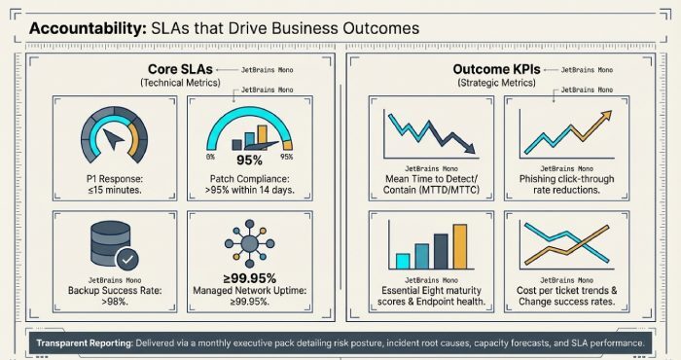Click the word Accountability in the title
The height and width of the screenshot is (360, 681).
(x=86, y=28)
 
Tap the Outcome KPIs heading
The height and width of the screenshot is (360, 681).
(x=498, y=70)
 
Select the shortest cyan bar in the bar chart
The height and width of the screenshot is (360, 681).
(x=402, y=260)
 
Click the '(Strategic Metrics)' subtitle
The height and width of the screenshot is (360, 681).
(x=498, y=85)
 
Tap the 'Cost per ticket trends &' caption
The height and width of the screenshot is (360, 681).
(x=566, y=291)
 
